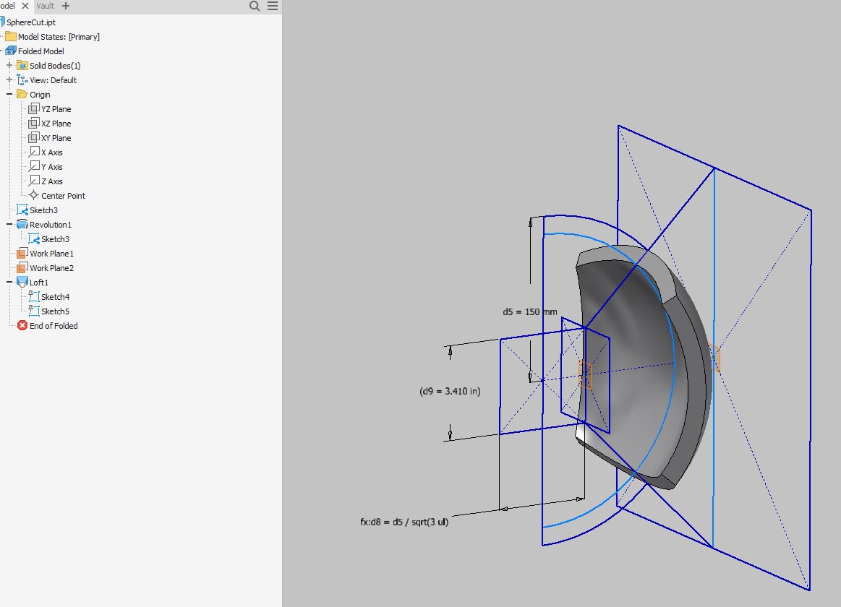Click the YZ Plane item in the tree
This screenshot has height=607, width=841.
(56, 109)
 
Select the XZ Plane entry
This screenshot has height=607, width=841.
(56, 124)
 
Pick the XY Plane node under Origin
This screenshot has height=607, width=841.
(56, 138)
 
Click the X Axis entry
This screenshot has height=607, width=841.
(51, 152)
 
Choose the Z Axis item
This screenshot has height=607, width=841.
(51, 181)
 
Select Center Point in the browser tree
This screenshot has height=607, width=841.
(63, 196)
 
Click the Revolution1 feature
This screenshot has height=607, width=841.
(50, 225)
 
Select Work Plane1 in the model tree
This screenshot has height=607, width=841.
(51, 254)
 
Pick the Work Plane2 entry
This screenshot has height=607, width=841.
(51, 268)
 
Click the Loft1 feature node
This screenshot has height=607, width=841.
(38, 283)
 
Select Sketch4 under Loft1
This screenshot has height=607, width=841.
(55, 297)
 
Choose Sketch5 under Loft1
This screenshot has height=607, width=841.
(55, 311)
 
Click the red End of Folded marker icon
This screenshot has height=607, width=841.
(22, 326)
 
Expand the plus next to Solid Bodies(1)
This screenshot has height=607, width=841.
(9, 66)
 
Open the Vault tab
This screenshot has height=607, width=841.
(45, 6)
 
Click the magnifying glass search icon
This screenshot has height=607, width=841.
(255, 6)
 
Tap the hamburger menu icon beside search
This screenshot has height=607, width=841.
(273, 6)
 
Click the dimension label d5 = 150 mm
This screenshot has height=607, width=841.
(530, 312)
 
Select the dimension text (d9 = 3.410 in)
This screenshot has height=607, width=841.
(450, 391)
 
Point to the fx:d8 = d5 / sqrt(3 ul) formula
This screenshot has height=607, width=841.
(404, 522)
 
